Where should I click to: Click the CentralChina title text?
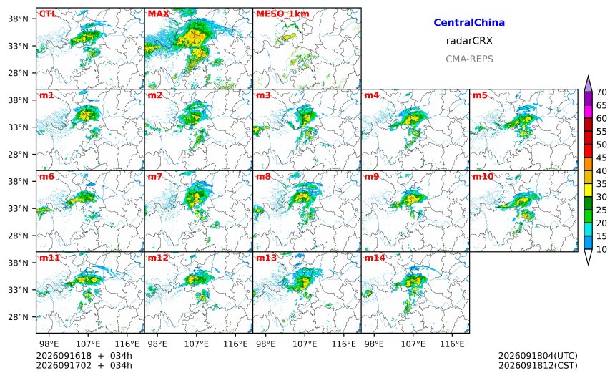pyautogui.click(x=469, y=22)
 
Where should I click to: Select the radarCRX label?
pyautogui.click(x=469, y=40)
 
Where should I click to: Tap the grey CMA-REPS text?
pyautogui.click(x=469, y=59)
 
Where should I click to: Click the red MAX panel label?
pyautogui.click(x=159, y=14)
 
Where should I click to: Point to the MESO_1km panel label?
pyautogui.click(x=282, y=14)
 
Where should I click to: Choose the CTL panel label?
pyautogui.click(x=47, y=14)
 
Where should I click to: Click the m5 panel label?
pyautogui.click(x=480, y=95)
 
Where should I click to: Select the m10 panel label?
pyautogui.click(x=483, y=176)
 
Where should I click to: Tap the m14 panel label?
pyautogui.click(x=375, y=258)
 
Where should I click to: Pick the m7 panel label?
pyautogui.click(x=154, y=176)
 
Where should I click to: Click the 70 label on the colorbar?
pyautogui.click(x=601, y=92)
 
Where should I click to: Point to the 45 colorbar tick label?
pyautogui.click(x=601, y=157)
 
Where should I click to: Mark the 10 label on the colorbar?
pyautogui.click(x=601, y=249)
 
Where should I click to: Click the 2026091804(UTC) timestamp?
pyautogui.click(x=538, y=356)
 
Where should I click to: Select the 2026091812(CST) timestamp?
pyautogui.click(x=538, y=365)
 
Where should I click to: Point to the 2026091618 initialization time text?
pyautogui.click(x=64, y=356)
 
